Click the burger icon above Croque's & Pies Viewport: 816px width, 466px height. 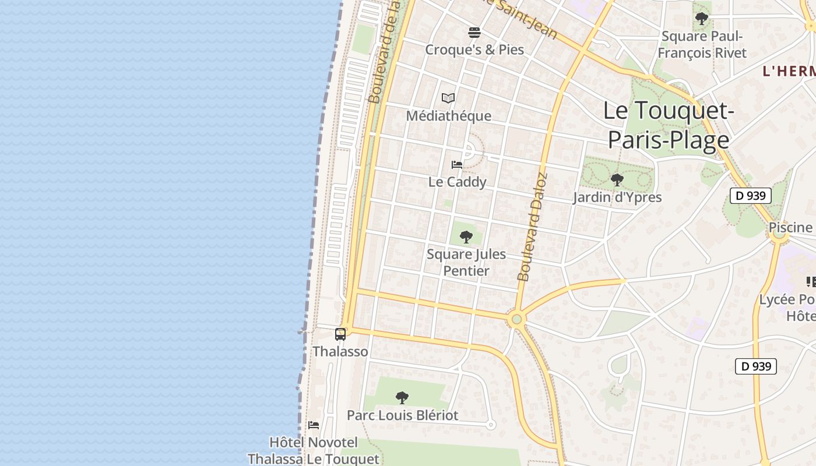[x=474, y=32]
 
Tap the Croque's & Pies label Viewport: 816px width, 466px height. [x=474, y=50]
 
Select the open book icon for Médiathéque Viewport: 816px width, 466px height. [x=448, y=98]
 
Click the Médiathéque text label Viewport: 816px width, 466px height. [x=448, y=116]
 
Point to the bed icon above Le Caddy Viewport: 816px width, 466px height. [x=457, y=165]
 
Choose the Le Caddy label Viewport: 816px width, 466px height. [x=457, y=182]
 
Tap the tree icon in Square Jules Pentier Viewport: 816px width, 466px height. [x=466, y=236]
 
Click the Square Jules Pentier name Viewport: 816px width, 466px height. [x=466, y=263]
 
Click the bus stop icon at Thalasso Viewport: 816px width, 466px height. [x=340, y=334]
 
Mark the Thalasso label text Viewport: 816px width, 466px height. [x=340, y=351]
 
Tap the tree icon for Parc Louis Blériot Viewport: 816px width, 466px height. [x=402, y=398]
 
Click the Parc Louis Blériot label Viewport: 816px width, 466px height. [x=402, y=415]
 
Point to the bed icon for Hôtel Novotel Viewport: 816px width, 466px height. [x=314, y=425]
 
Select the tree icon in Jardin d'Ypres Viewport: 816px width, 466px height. [x=617, y=180]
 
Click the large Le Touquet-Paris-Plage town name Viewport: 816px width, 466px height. [x=668, y=125]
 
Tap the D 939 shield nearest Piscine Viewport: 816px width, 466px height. [x=750, y=196]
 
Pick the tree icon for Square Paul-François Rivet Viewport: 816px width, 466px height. [x=702, y=19]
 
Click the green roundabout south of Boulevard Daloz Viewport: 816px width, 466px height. [x=516, y=319]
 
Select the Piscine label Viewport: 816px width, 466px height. [x=790, y=227]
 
